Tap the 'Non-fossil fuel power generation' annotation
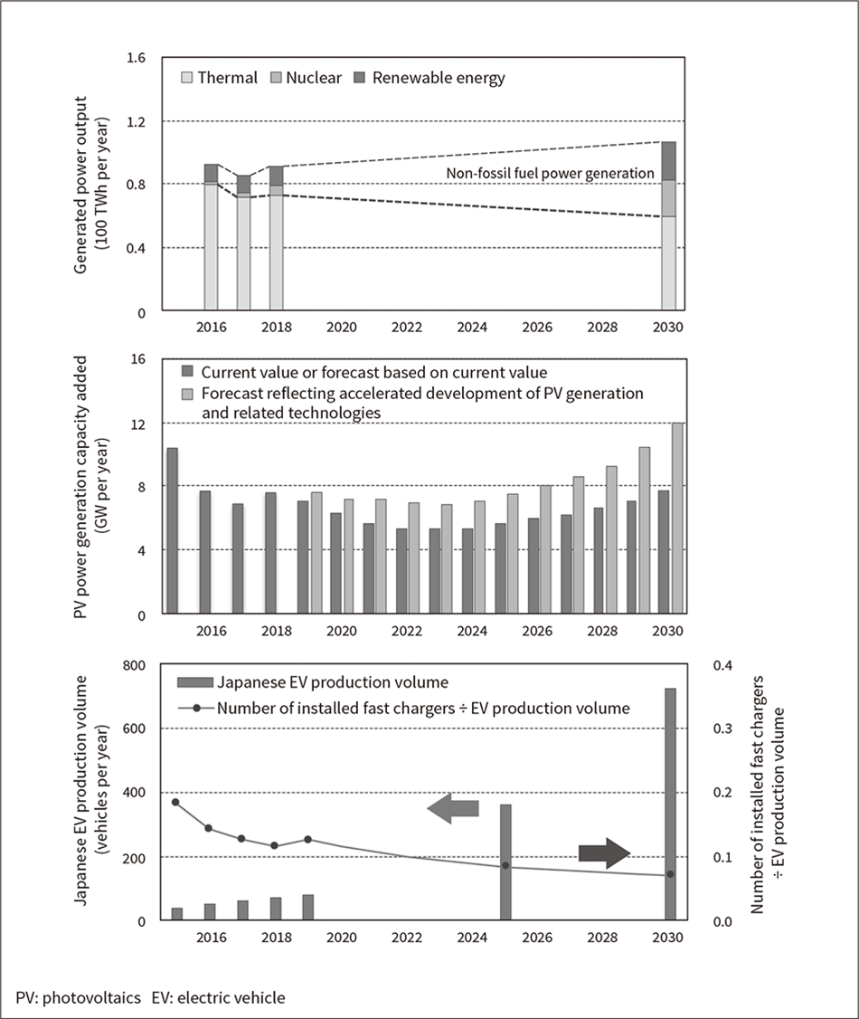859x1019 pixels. coord(551,174)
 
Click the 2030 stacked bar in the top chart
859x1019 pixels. coord(667,226)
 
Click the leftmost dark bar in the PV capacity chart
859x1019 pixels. coord(172,530)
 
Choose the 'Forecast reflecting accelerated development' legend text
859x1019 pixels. coord(422,394)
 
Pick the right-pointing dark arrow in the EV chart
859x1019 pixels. coord(604,852)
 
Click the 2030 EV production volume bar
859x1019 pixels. coord(671,804)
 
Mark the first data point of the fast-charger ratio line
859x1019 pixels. coord(175,802)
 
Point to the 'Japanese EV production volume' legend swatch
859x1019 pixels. coord(194,681)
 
